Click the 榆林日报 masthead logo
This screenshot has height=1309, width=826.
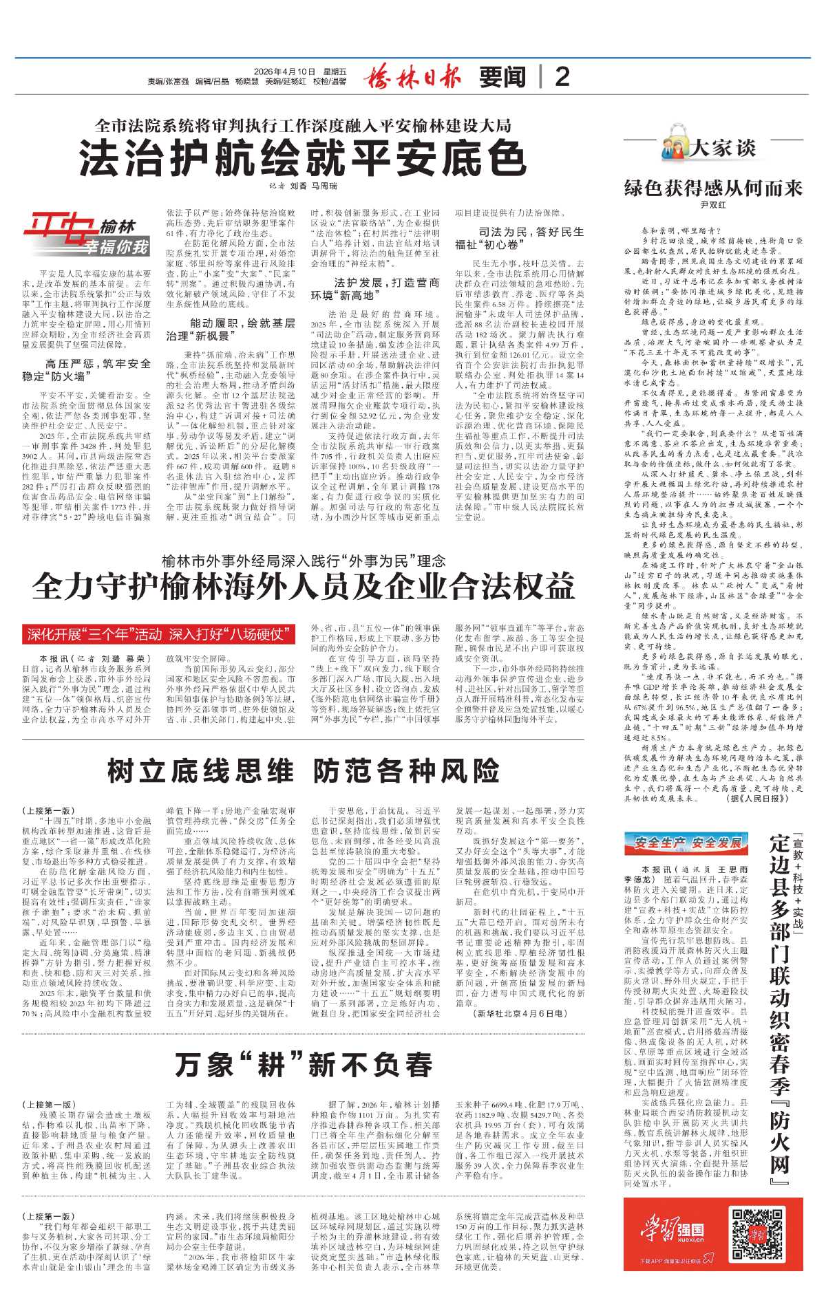click(x=412, y=76)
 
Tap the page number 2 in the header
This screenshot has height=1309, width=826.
click(x=562, y=76)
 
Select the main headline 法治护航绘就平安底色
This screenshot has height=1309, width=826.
click(x=302, y=159)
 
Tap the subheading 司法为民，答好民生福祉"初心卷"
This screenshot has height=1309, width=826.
click(x=519, y=238)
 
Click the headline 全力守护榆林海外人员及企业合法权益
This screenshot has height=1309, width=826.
click(x=303, y=585)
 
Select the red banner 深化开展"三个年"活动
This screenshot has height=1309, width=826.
click(x=158, y=634)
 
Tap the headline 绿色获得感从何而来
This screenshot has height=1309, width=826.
click(x=713, y=188)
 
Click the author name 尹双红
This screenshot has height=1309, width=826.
click(x=713, y=206)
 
